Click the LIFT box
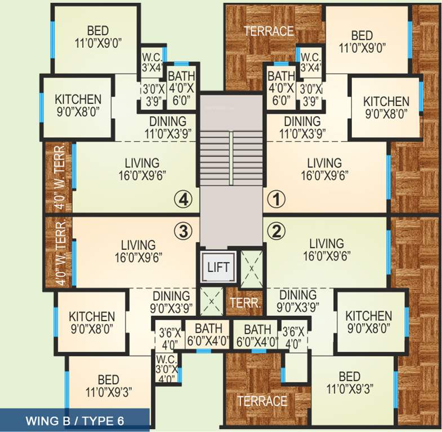(x=218, y=267)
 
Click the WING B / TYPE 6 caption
(x=74, y=421)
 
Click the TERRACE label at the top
(x=269, y=31)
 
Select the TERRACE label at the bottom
(x=262, y=401)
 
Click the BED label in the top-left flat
(x=97, y=31)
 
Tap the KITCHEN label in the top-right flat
(x=386, y=101)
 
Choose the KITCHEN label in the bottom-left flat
(x=91, y=317)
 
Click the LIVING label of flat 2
(x=326, y=244)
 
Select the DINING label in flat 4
(x=167, y=121)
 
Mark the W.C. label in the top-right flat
(x=311, y=58)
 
